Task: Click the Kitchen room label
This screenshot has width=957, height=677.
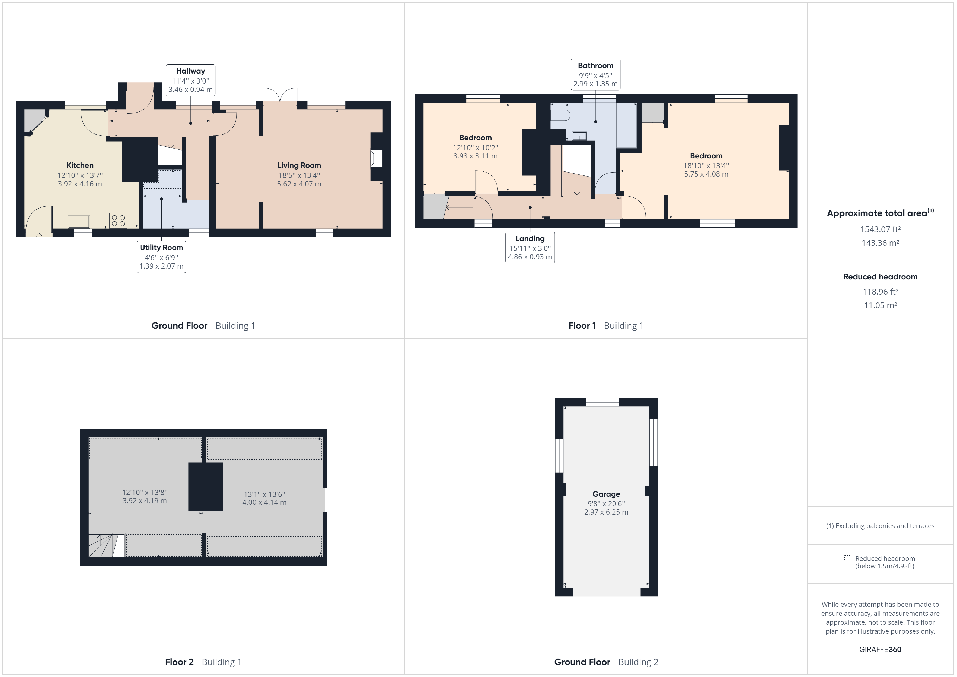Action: pyautogui.click(x=80, y=165)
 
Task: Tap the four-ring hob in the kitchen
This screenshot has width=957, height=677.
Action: pyautogui.click(x=118, y=220)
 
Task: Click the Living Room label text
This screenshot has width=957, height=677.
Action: pyautogui.click(x=299, y=165)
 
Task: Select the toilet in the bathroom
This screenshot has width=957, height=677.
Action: pyautogui.click(x=560, y=115)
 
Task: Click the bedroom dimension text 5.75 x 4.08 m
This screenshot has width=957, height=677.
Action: pyautogui.click(x=706, y=174)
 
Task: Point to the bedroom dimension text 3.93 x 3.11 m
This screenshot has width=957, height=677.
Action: pyautogui.click(x=476, y=156)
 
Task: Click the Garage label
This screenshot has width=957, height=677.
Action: pyautogui.click(x=606, y=494)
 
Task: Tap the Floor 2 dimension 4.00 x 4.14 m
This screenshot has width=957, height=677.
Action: pyautogui.click(x=264, y=502)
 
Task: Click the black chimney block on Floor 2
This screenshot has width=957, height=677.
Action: pyautogui.click(x=206, y=487)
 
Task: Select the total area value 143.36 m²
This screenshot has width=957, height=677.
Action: pyautogui.click(x=880, y=243)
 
